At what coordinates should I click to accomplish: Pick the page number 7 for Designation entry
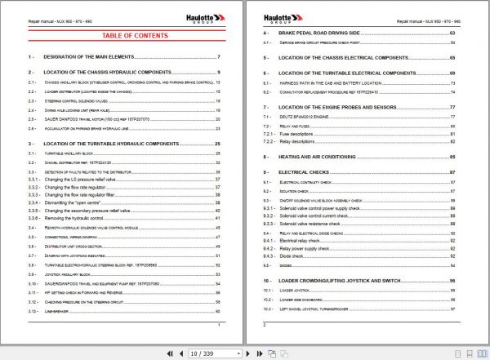[219, 57]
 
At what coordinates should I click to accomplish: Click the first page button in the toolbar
[170, 353]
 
